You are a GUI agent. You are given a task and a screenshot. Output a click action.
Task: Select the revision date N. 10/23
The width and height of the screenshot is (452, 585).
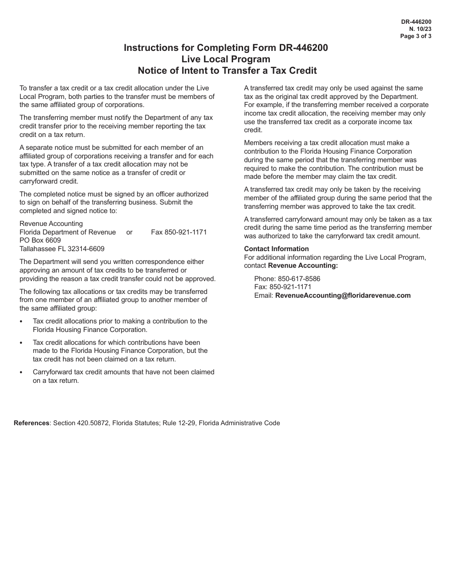tap(422, 29)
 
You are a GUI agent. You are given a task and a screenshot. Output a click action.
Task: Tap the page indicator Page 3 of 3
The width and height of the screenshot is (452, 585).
tap(416, 36)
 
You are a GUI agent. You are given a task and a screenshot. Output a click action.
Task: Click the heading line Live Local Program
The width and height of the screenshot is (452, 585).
tap(226, 59)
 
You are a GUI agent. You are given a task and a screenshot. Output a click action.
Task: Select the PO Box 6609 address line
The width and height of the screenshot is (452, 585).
tap(40, 240)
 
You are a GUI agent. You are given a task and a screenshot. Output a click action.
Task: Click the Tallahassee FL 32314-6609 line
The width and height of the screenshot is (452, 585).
tap(62, 249)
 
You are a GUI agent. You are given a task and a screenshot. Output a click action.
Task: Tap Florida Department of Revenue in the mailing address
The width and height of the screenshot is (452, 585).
tap(68, 232)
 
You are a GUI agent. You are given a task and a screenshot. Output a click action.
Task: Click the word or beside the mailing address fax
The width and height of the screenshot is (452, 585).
tap(129, 232)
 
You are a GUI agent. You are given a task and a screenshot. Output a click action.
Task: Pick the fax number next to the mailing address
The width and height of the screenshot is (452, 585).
tap(179, 232)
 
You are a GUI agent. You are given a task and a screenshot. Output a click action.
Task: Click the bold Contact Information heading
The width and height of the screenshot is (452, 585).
tap(276, 249)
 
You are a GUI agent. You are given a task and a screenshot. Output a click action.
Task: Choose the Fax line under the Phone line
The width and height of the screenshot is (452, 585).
tap(283, 287)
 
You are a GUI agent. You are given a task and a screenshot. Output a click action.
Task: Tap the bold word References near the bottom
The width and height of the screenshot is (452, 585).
tap(31, 423)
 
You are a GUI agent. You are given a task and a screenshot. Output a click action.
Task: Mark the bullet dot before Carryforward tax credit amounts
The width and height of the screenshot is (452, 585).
tap(21, 372)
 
